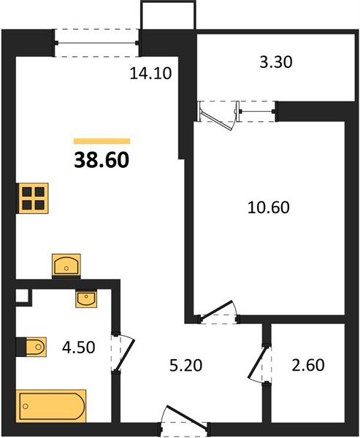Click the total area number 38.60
click(x=102, y=158)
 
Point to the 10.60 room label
click(x=269, y=207)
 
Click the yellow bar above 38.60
click(x=102, y=140)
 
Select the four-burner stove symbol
click(x=33, y=198)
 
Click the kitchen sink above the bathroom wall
click(x=66, y=265)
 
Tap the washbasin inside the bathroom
click(x=86, y=298)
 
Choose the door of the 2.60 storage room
click(x=258, y=363)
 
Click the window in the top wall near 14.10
click(x=98, y=42)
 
